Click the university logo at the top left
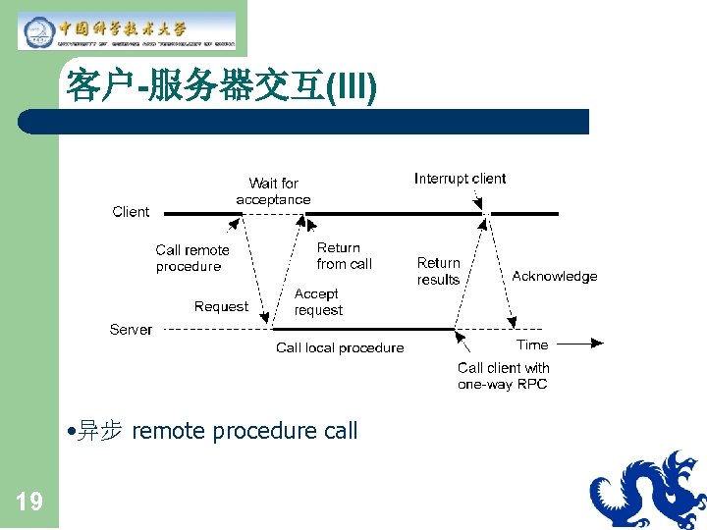tap(128, 29)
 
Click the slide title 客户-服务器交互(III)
tap(221, 87)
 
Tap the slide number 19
tap(29, 503)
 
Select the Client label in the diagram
tap(131, 212)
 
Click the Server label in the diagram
tap(131, 330)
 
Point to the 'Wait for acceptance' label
tap(273, 191)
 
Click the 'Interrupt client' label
tap(460, 179)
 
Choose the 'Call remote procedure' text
tap(191, 258)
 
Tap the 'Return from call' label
tap(344, 256)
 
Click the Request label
tap(221, 306)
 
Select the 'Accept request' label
tap(318, 302)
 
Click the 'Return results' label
tap(438, 271)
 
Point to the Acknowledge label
tap(554, 277)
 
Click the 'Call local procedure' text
tap(340, 347)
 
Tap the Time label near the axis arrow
tap(532, 344)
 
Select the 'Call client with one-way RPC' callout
tap(503, 376)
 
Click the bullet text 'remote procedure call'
tap(245, 431)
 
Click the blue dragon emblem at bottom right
tap(647, 490)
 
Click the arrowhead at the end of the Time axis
tap(598, 344)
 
